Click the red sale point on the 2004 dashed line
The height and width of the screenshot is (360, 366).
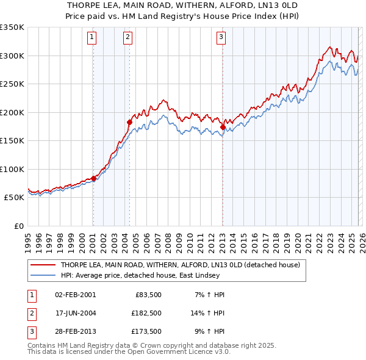click(129, 123)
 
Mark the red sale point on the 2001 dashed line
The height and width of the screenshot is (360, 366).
click(93, 179)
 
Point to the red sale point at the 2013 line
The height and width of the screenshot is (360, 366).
click(223, 128)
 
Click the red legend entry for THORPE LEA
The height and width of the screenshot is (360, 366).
click(180, 265)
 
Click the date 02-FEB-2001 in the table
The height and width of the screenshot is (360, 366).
click(75, 295)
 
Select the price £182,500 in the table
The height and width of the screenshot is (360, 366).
click(146, 313)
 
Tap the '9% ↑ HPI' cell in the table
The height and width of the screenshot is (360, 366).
click(208, 331)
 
